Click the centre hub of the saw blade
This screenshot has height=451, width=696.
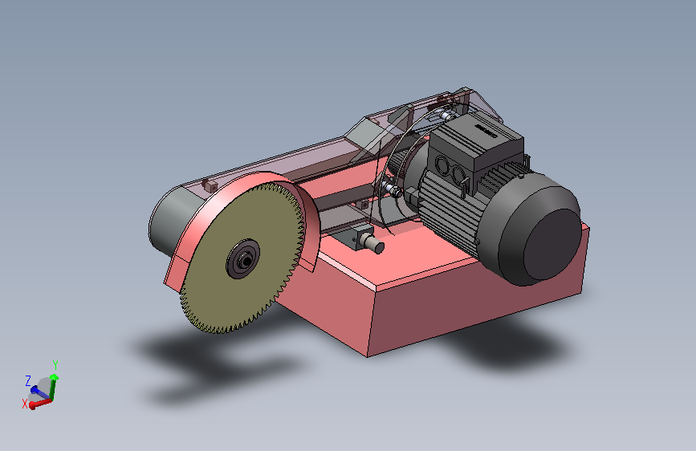pos(242,259)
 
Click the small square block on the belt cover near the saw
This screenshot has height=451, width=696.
pos(209,185)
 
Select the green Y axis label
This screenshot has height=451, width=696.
pos(55,365)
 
